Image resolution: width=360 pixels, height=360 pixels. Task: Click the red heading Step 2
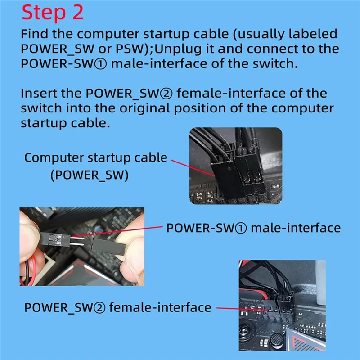(x=53, y=13)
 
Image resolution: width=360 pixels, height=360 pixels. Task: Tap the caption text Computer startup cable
(x=95, y=158)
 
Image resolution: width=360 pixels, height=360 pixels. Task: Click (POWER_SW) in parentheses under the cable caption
(x=89, y=175)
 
